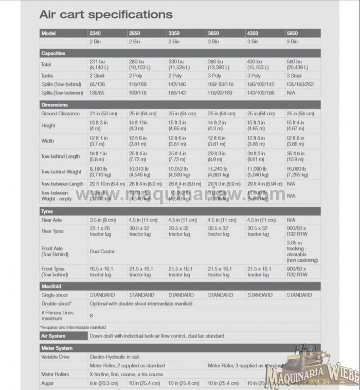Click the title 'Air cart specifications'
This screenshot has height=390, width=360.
click(x=106, y=14)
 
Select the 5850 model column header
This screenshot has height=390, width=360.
click(x=293, y=33)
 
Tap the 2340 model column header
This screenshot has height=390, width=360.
click(x=96, y=33)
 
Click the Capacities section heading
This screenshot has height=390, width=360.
click(x=53, y=53)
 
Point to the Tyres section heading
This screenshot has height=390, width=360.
click(x=47, y=211)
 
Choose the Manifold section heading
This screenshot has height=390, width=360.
click(x=51, y=286)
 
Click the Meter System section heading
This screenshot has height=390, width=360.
click(x=57, y=348)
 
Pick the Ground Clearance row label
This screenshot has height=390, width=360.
click(x=60, y=113)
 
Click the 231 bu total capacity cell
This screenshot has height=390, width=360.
click(x=100, y=64)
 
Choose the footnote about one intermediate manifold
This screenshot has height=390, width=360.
click(x=73, y=327)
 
